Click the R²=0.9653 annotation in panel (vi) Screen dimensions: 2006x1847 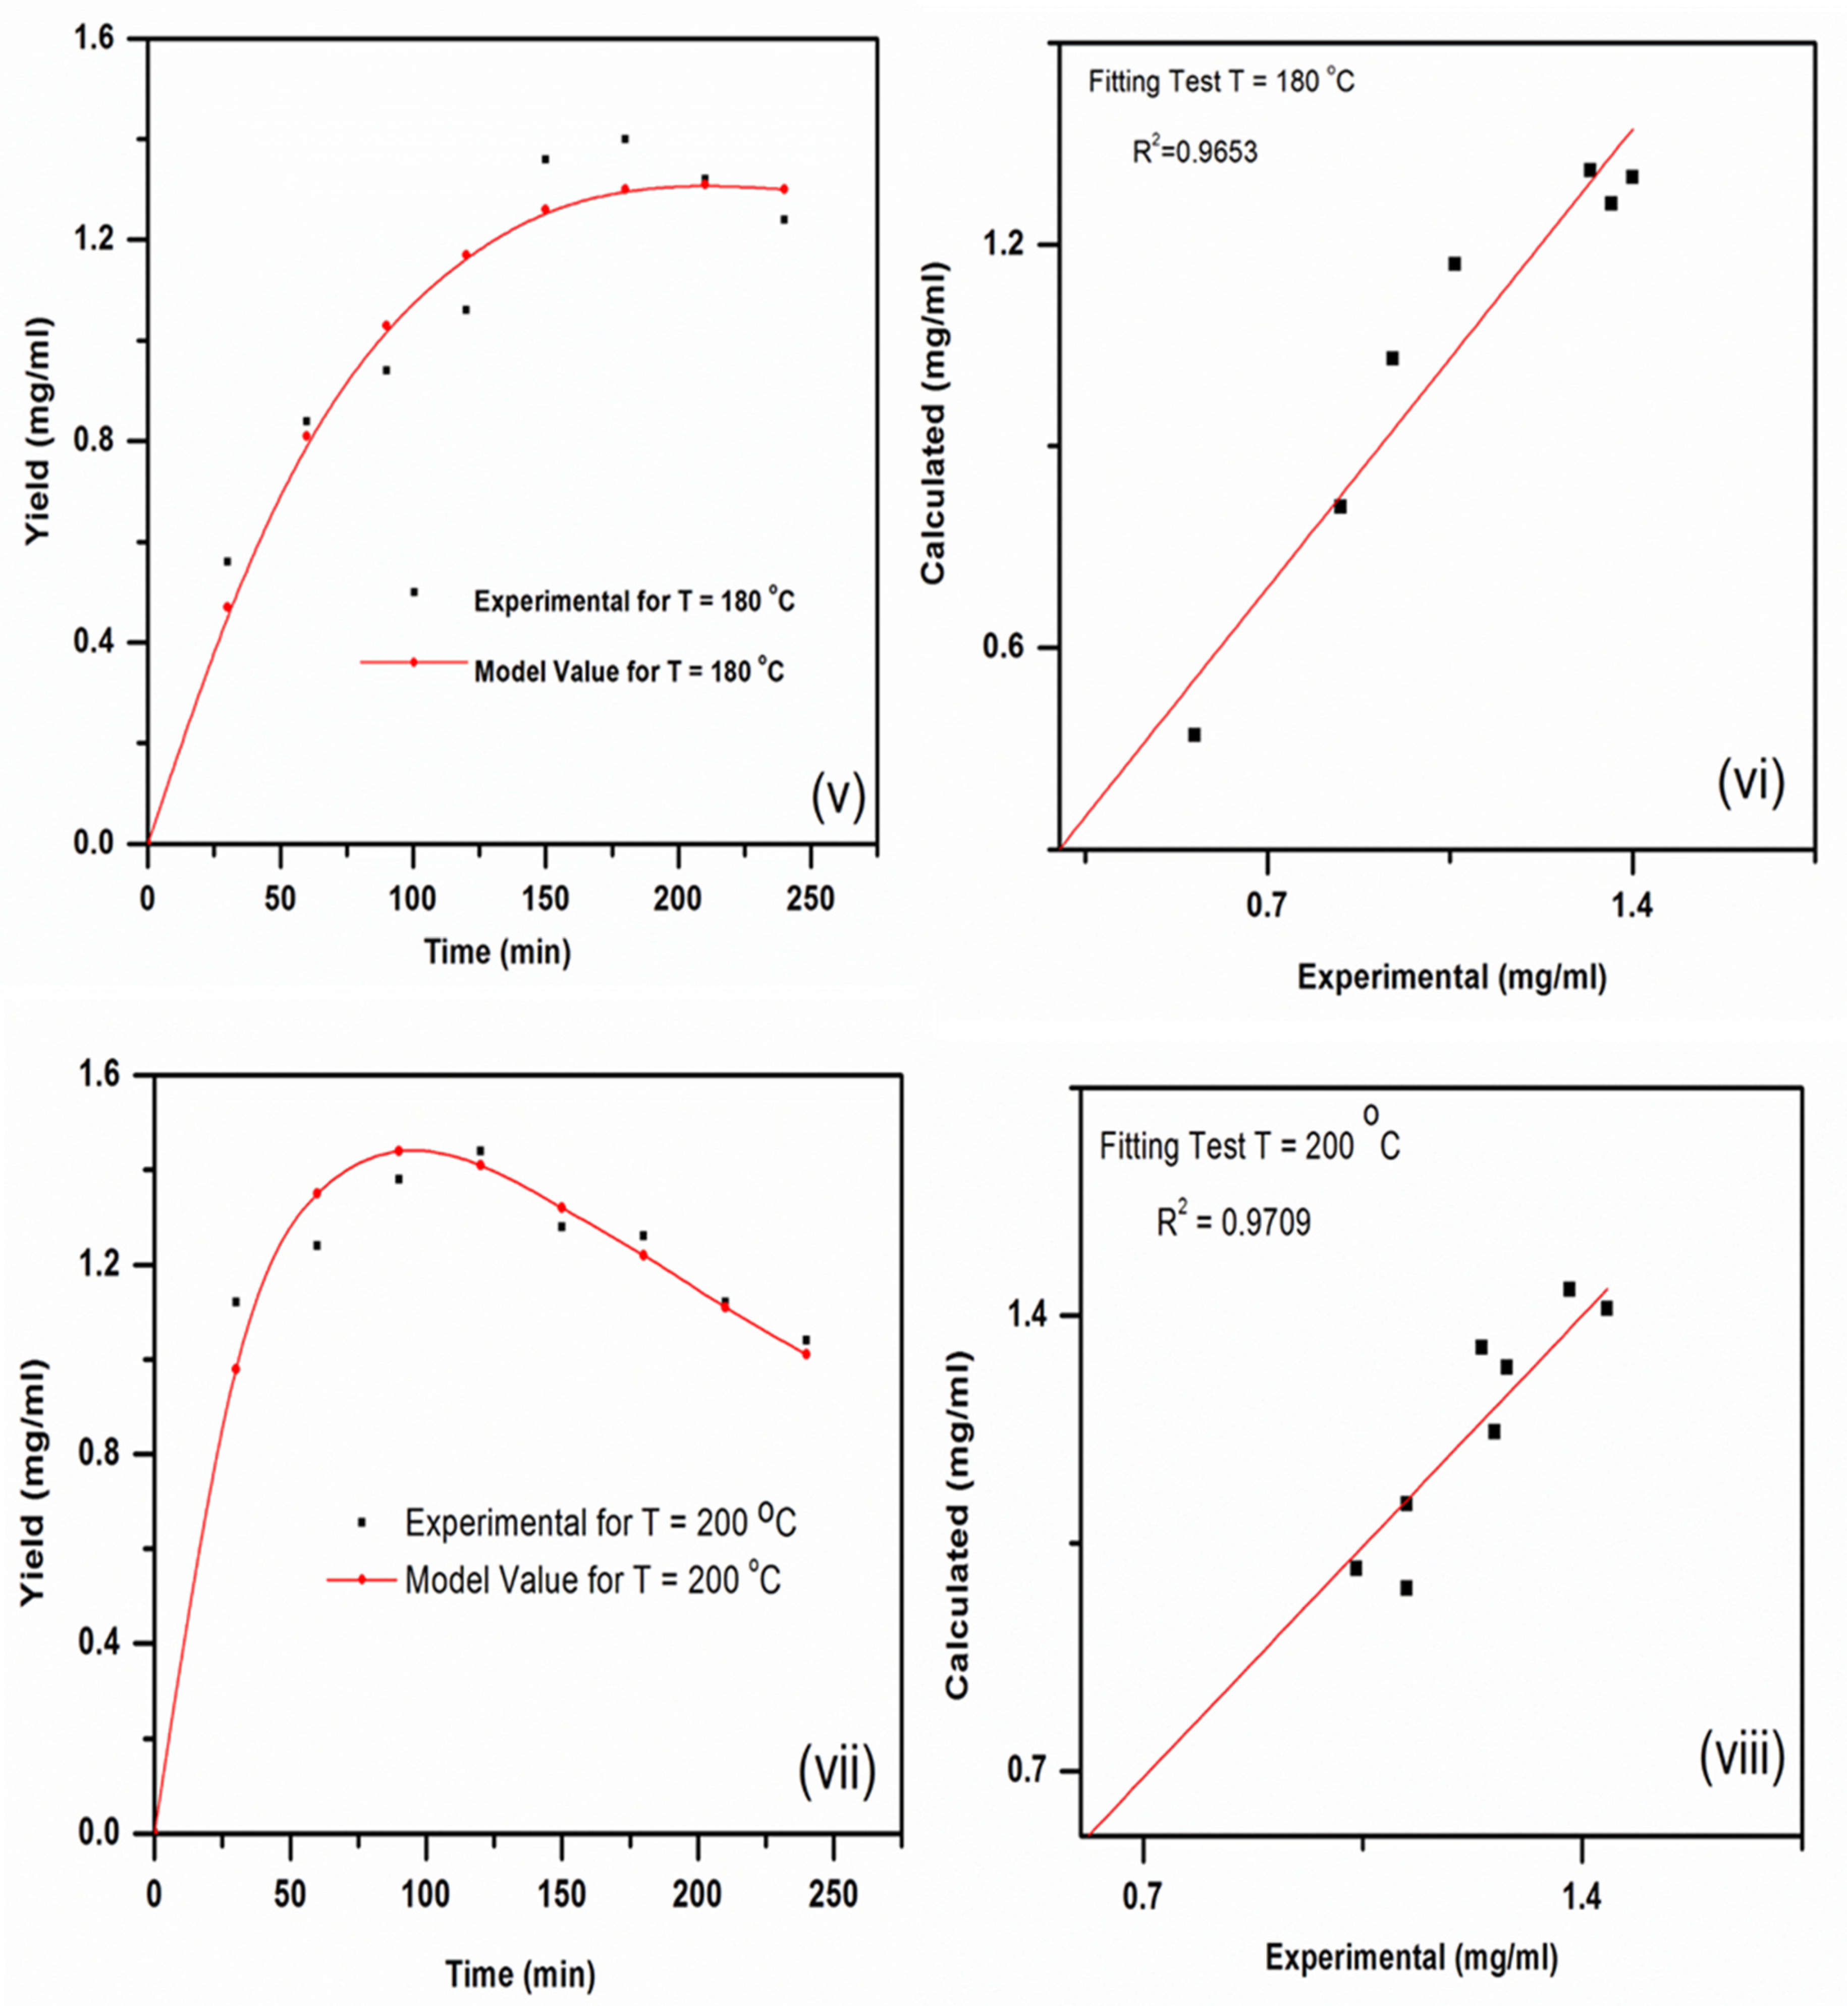point(1194,152)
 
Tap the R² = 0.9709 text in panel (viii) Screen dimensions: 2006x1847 point(1233,1222)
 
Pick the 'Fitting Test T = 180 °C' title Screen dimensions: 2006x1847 point(1221,81)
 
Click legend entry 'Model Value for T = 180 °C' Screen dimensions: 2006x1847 point(629,671)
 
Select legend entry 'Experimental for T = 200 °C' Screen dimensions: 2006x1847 point(600,1522)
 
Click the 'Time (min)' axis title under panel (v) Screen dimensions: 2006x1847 point(497,951)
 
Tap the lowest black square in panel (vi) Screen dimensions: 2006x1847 point(1193,734)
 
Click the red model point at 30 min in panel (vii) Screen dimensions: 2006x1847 point(236,1368)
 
